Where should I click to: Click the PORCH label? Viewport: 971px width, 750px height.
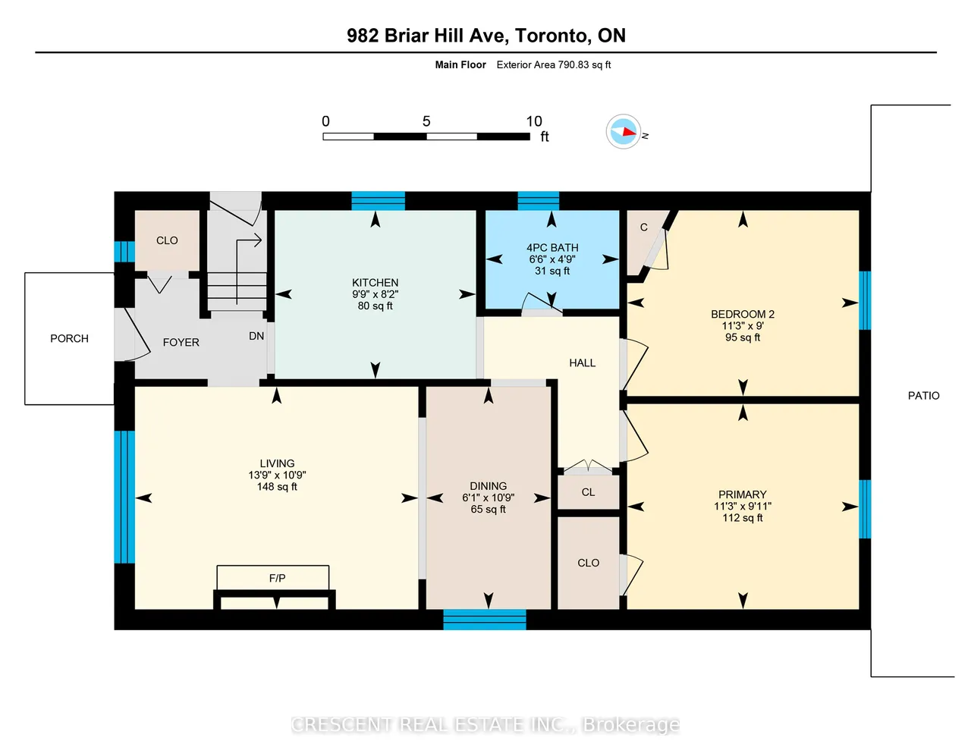pyautogui.click(x=69, y=338)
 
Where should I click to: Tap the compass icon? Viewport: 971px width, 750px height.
pyautogui.click(x=624, y=131)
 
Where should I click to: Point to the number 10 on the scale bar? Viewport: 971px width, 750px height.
pyautogui.click(x=533, y=121)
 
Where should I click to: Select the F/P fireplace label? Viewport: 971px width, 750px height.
pyautogui.click(x=277, y=579)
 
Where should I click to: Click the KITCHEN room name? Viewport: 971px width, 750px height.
pyautogui.click(x=375, y=283)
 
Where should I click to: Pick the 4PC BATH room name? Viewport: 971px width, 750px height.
pyautogui.click(x=552, y=248)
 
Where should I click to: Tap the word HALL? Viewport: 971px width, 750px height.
pyautogui.click(x=583, y=363)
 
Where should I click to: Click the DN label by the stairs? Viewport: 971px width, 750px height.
pyautogui.click(x=256, y=337)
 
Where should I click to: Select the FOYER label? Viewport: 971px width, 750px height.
pyautogui.click(x=181, y=343)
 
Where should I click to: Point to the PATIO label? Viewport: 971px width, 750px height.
pyautogui.click(x=924, y=396)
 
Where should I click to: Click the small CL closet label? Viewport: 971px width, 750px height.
pyautogui.click(x=588, y=492)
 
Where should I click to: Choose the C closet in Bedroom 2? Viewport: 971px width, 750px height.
pyautogui.click(x=644, y=228)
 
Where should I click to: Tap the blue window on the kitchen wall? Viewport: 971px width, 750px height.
pyautogui.click(x=378, y=200)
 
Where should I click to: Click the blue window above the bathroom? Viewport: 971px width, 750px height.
pyautogui.click(x=539, y=200)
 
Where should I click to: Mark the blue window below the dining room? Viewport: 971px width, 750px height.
pyautogui.click(x=485, y=620)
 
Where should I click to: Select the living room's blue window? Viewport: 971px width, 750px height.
pyautogui.click(x=124, y=497)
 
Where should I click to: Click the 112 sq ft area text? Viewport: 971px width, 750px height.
pyautogui.click(x=742, y=518)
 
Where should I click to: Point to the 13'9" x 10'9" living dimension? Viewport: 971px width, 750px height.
pyautogui.click(x=277, y=475)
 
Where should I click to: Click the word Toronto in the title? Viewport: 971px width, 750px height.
pyautogui.click(x=551, y=36)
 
